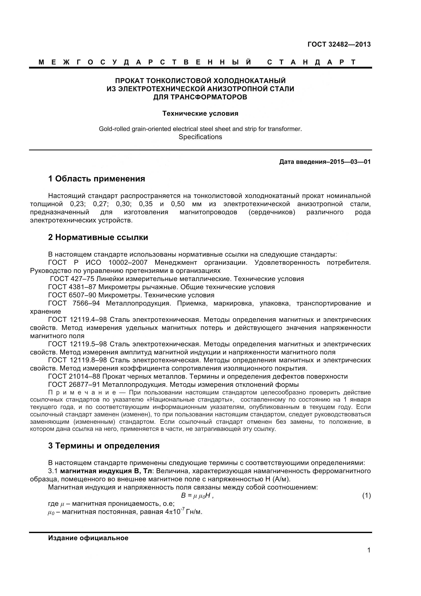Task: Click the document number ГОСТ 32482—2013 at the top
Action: click(x=339, y=44)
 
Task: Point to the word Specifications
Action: click(x=200, y=137)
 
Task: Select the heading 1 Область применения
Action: click(x=97, y=179)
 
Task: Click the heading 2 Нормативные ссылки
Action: click(x=98, y=237)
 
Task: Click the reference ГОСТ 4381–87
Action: click(x=72, y=287)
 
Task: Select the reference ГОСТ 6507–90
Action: click(x=72, y=295)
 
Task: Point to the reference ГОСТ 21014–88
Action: click(x=74, y=376)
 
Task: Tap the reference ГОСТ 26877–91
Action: click(x=74, y=385)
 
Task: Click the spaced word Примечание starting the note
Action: click(x=82, y=392)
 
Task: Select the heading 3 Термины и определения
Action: click(x=104, y=446)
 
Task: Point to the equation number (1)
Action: click(x=366, y=496)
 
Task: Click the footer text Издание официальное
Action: click(x=88, y=538)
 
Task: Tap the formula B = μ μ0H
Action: click(x=196, y=496)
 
